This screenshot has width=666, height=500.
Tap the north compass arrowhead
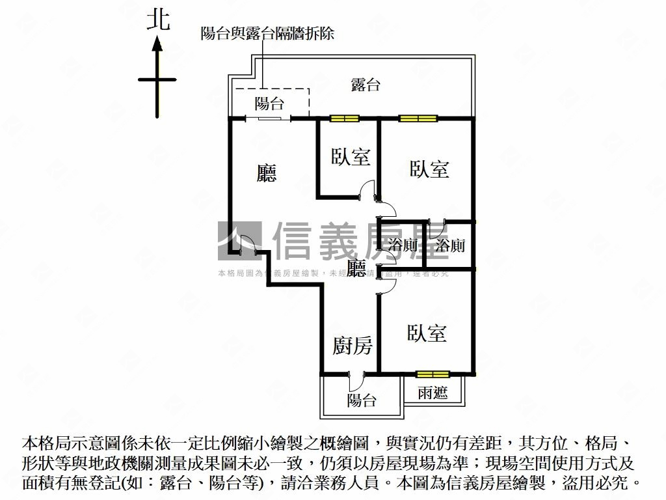tap(157, 45)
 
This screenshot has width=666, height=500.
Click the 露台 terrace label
tap(365, 85)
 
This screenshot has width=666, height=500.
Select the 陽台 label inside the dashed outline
tap(269, 103)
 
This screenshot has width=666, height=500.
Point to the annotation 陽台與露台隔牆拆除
tap(267, 33)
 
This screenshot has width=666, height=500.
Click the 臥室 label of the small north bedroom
tap(351, 157)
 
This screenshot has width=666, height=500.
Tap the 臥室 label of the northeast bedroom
tap(429, 169)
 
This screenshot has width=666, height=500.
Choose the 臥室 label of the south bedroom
tap(427, 334)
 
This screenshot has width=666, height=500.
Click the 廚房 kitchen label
tap(353, 346)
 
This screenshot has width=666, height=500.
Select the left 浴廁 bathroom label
tap(403, 245)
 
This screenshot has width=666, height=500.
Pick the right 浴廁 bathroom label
tap(450, 245)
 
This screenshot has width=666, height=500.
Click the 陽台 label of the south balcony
tap(362, 400)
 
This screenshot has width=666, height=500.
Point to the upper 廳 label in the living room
tap(267, 173)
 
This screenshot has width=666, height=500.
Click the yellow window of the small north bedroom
tap(344, 118)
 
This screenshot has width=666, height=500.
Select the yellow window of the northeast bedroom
tap(417, 118)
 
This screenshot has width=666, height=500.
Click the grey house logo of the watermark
tap(239, 241)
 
